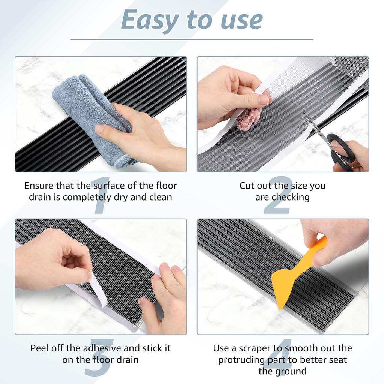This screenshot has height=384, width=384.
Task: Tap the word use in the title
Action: pyautogui.click(x=241, y=21)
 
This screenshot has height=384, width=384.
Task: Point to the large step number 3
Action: pyautogui.click(x=99, y=357)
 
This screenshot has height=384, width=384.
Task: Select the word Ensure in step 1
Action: pyautogui.click(x=39, y=186)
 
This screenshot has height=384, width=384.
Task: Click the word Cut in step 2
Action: pyautogui.click(x=247, y=186)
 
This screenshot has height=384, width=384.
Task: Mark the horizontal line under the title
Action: pyautogui.click(x=192, y=39)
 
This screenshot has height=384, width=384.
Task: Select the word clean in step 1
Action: pyautogui.click(x=160, y=197)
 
